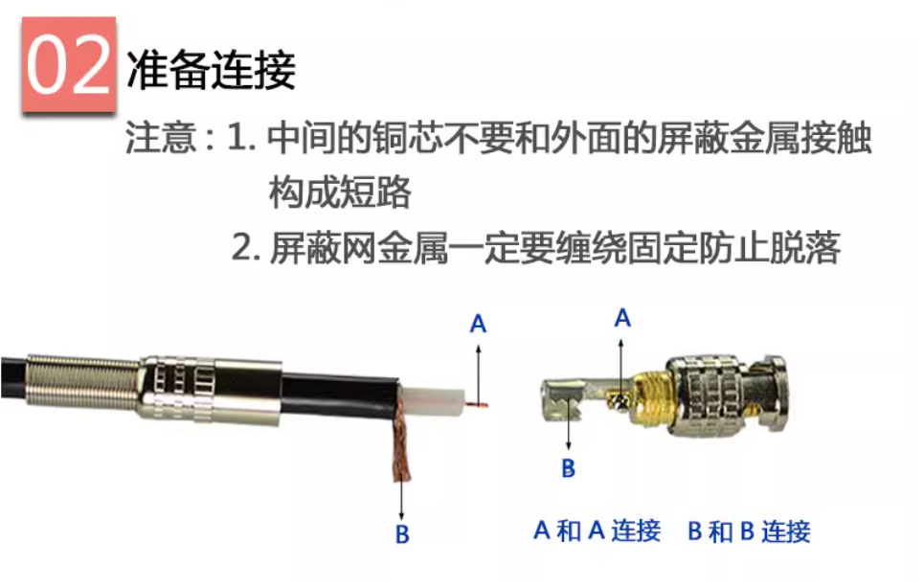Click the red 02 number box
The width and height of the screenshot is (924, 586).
pyautogui.click(x=69, y=64)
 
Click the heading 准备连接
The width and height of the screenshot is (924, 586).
pyautogui.click(x=211, y=70)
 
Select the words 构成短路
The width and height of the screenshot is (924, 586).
pyautogui.click(x=340, y=192)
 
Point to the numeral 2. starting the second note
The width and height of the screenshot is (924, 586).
pyautogui.click(x=246, y=248)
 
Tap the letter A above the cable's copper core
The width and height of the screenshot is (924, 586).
pyautogui.click(x=478, y=324)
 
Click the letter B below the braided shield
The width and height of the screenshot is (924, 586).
pyautogui.click(x=402, y=534)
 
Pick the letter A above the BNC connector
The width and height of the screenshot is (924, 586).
pyautogui.click(x=622, y=318)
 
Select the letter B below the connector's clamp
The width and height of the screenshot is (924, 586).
pyautogui.click(x=568, y=468)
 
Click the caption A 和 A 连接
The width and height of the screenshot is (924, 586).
pyautogui.click(x=597, y=530)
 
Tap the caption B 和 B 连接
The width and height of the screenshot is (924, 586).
pyautogui.click(x=749, y=531)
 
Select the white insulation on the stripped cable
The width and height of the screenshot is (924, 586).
pyautogui.click(x=431, y=399)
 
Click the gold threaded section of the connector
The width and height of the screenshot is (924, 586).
pyautogui.click(x=650, y=396)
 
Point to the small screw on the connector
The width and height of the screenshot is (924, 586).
pyautogui.click(x=620, y=401)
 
